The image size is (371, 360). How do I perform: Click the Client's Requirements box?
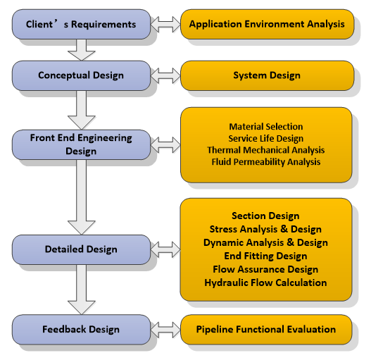[81, 24]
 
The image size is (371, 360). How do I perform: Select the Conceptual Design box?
[81, 75]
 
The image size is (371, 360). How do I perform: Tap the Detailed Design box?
[81, 249]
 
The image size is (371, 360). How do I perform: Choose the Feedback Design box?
[81, 330]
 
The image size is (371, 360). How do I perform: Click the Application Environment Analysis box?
[267, 24]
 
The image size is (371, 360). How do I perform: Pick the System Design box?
[267, 75]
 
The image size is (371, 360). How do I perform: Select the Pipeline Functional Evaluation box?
[266, 330]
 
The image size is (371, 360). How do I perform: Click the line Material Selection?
[266, 127]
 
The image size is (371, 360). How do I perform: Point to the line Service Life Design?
[266, 138]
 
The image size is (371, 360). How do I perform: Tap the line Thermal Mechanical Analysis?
[266, 150]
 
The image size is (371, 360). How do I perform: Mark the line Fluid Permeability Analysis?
[266, 162]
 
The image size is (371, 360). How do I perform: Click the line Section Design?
[265, 216]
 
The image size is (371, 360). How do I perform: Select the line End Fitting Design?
[265, 256]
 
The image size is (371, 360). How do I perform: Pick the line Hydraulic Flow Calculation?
[265, 283]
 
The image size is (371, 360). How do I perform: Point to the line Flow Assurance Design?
[265, 269]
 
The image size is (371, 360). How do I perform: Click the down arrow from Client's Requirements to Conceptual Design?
[82, 50]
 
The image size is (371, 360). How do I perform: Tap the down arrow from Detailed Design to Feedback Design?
[82, 290]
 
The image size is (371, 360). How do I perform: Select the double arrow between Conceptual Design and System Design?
[165, 76]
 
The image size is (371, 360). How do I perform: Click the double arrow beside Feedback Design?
[165, 330]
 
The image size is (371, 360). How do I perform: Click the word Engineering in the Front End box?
[105, 138]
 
